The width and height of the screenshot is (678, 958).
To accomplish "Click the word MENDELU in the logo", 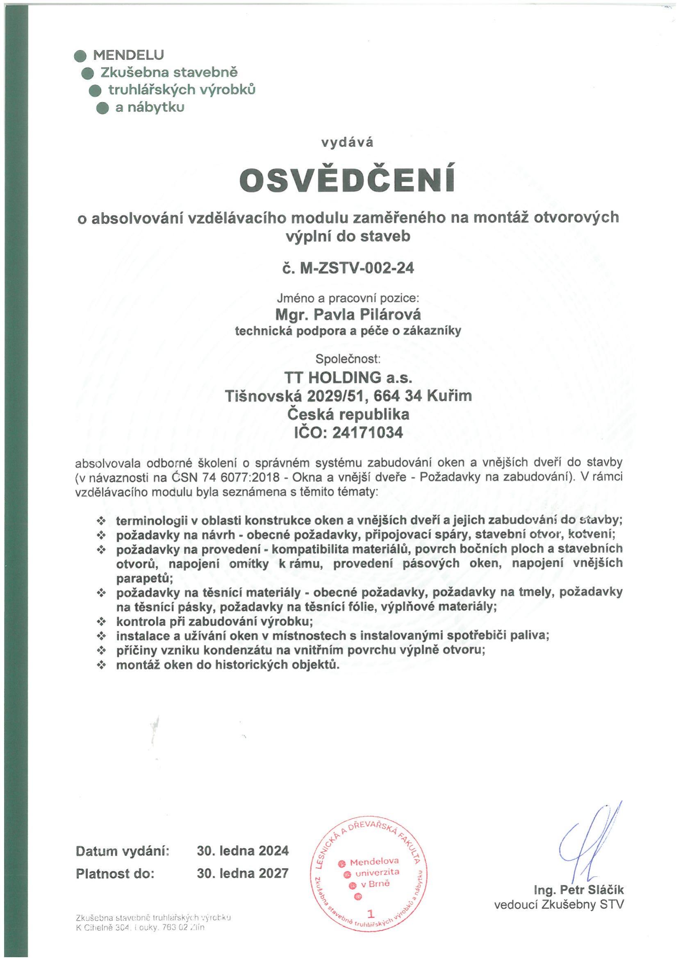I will point(129,54).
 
